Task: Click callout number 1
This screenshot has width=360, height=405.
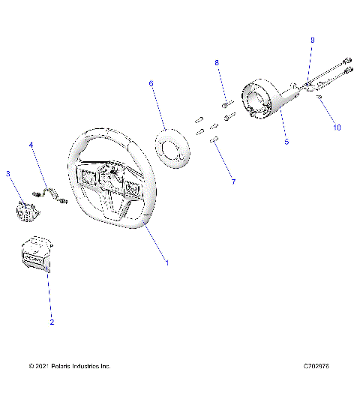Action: click(x=166, y=262)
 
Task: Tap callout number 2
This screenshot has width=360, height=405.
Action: click(x=52, y=322)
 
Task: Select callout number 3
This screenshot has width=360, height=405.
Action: click(x=8, y=174)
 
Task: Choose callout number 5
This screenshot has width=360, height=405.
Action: click(x=286, y=140)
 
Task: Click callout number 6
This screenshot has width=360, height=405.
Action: click(x=151, y=84)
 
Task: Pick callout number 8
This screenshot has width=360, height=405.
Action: click(x=218, y=62)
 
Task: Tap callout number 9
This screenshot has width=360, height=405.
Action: click(x=313, y=39)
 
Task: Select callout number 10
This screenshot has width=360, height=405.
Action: click(x=337, y=127)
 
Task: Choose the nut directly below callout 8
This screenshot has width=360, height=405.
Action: click(x=224, y=103)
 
